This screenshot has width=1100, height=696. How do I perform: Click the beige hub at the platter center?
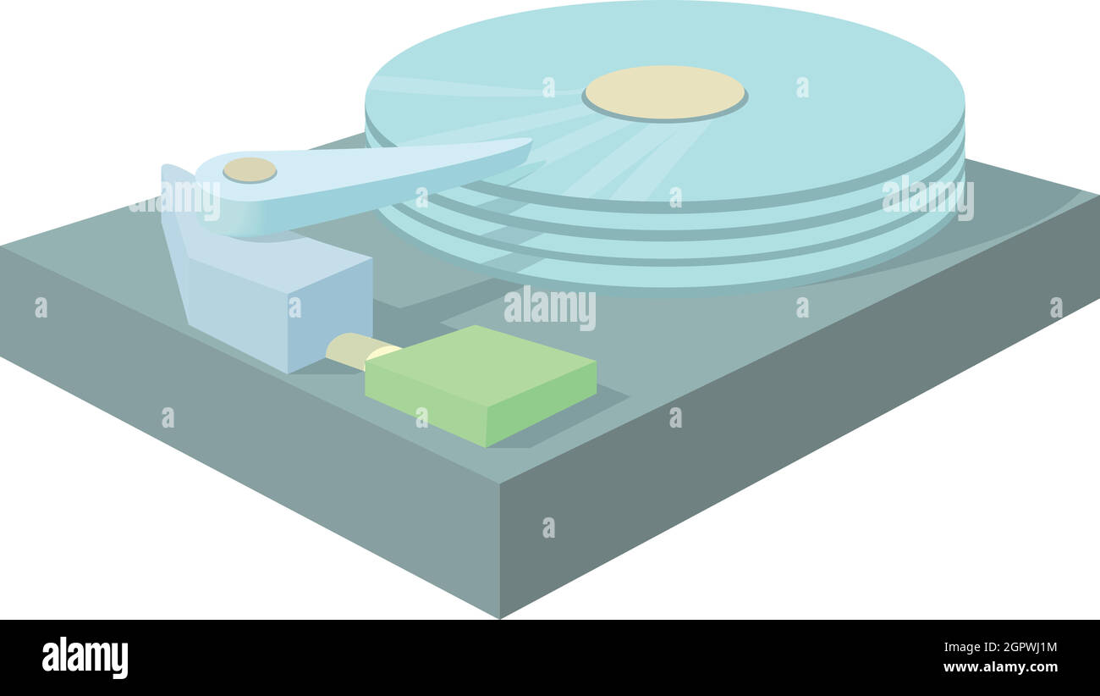(x=665, y=93)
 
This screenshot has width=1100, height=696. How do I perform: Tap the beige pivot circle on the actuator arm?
(x=250, y=170)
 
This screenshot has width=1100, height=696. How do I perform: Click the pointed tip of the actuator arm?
(x=531, y=141)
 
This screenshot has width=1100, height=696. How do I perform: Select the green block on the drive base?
(x=481, y=385)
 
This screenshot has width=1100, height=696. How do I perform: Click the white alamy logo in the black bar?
(x=85, y=657)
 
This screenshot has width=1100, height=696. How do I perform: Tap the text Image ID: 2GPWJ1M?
(x=1000, y=647)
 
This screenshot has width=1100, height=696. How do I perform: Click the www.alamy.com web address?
(x=1000, y=667)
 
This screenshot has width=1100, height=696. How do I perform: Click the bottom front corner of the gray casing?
(x=500, y=618)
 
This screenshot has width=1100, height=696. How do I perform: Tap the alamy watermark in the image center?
(x=549, y=307)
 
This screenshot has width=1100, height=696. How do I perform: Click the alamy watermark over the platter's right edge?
(x=927, y=197)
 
